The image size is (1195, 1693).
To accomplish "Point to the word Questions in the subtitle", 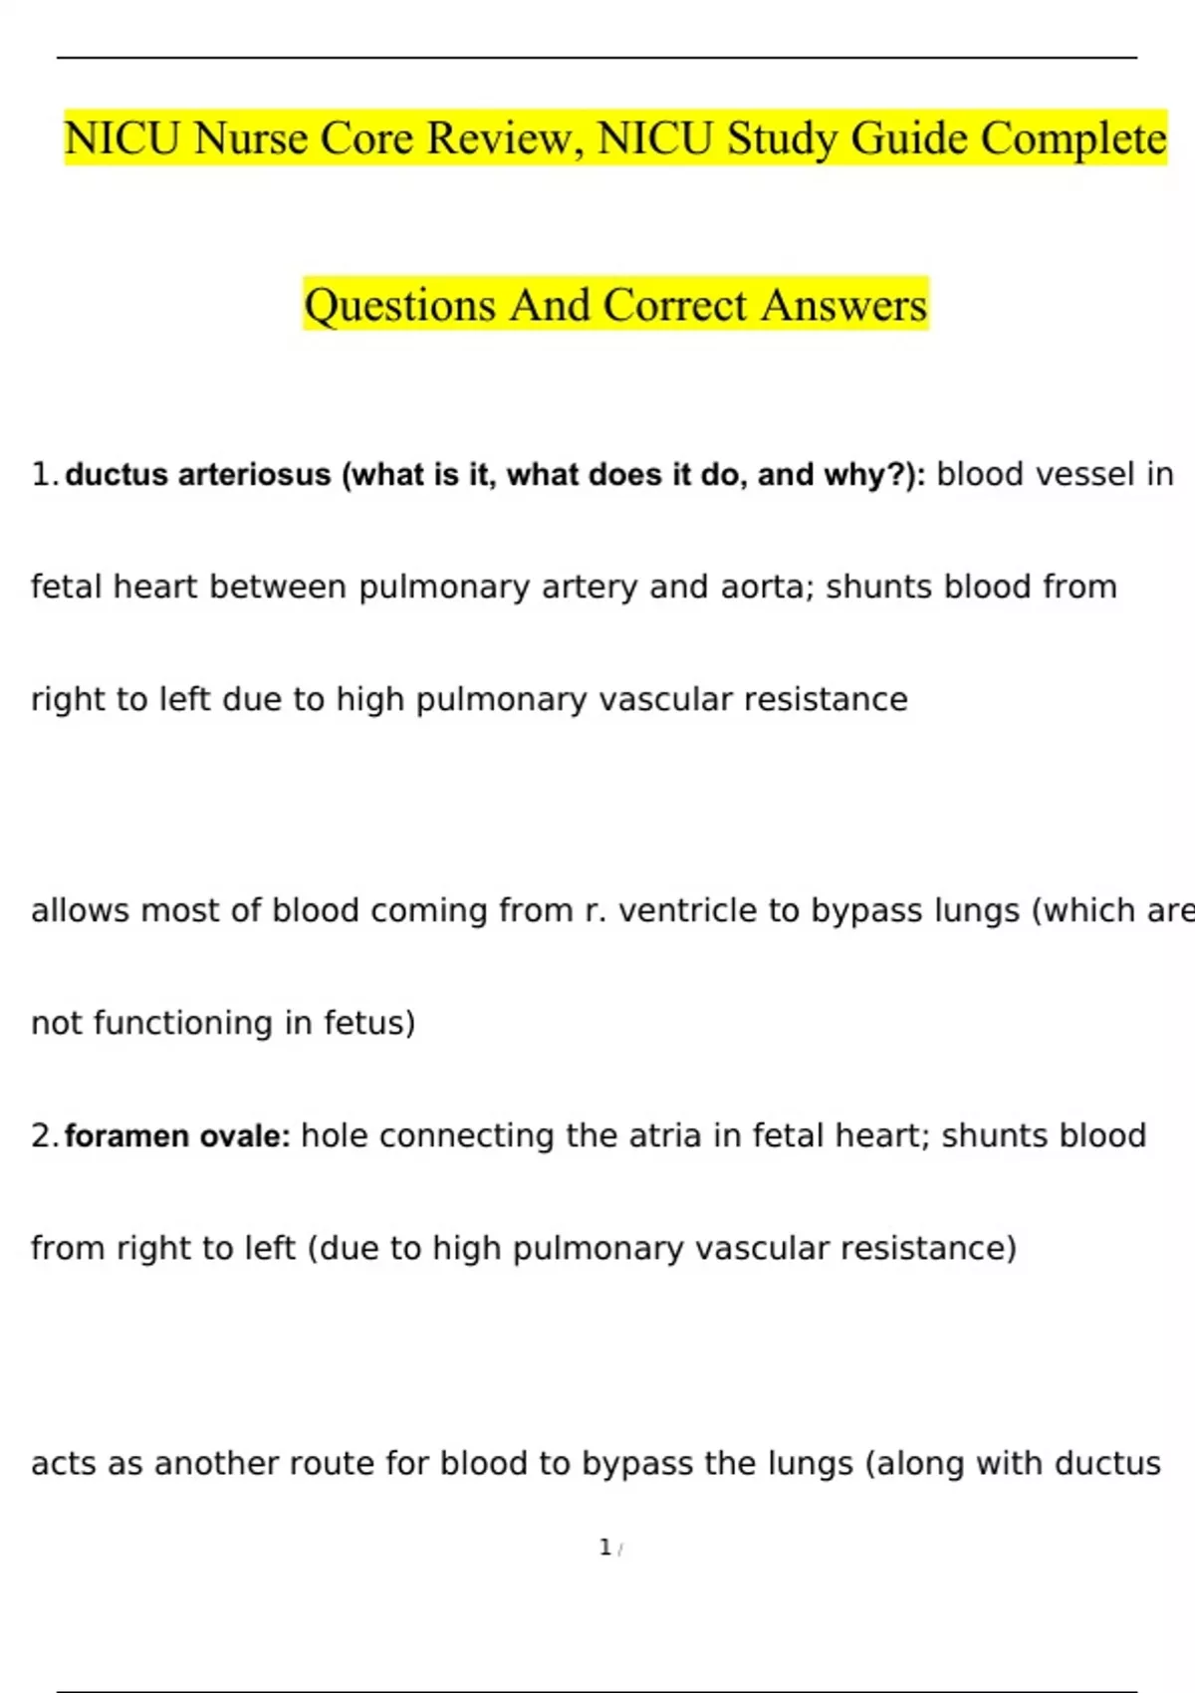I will click(x=399, y=305).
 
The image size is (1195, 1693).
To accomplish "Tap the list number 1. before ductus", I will click(x=45, y=474).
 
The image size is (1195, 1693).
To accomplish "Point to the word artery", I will click(x=590, y=587).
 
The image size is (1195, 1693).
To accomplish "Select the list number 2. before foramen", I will click(x=45, y=1135).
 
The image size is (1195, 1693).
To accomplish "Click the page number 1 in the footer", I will click(x=604, y=1547).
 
